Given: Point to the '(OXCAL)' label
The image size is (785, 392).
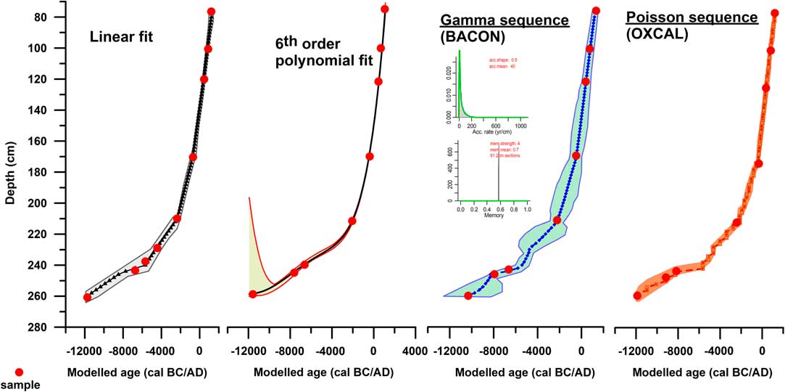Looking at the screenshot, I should pyautogui.click(x=652, y=34).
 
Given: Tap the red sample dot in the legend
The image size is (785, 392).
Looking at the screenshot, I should pyautogui.click(x=20, y=371).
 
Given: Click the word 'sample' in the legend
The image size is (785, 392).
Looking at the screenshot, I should pyautogui.click(x=20, y=385).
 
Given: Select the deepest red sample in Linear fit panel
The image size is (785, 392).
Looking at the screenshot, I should pyautogui.click(x=88, y=298).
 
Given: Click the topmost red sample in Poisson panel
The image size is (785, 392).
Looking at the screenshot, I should pyautogui.click(x=774, y=14).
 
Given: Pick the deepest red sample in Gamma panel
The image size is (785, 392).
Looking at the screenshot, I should pyautogui.click(x=468, y=295).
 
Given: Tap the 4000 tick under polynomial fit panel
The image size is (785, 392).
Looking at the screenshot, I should pyautogui.click(x=415, y=352).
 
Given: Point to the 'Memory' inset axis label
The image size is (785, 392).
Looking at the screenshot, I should pyautogui.click(x=493, y=216).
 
